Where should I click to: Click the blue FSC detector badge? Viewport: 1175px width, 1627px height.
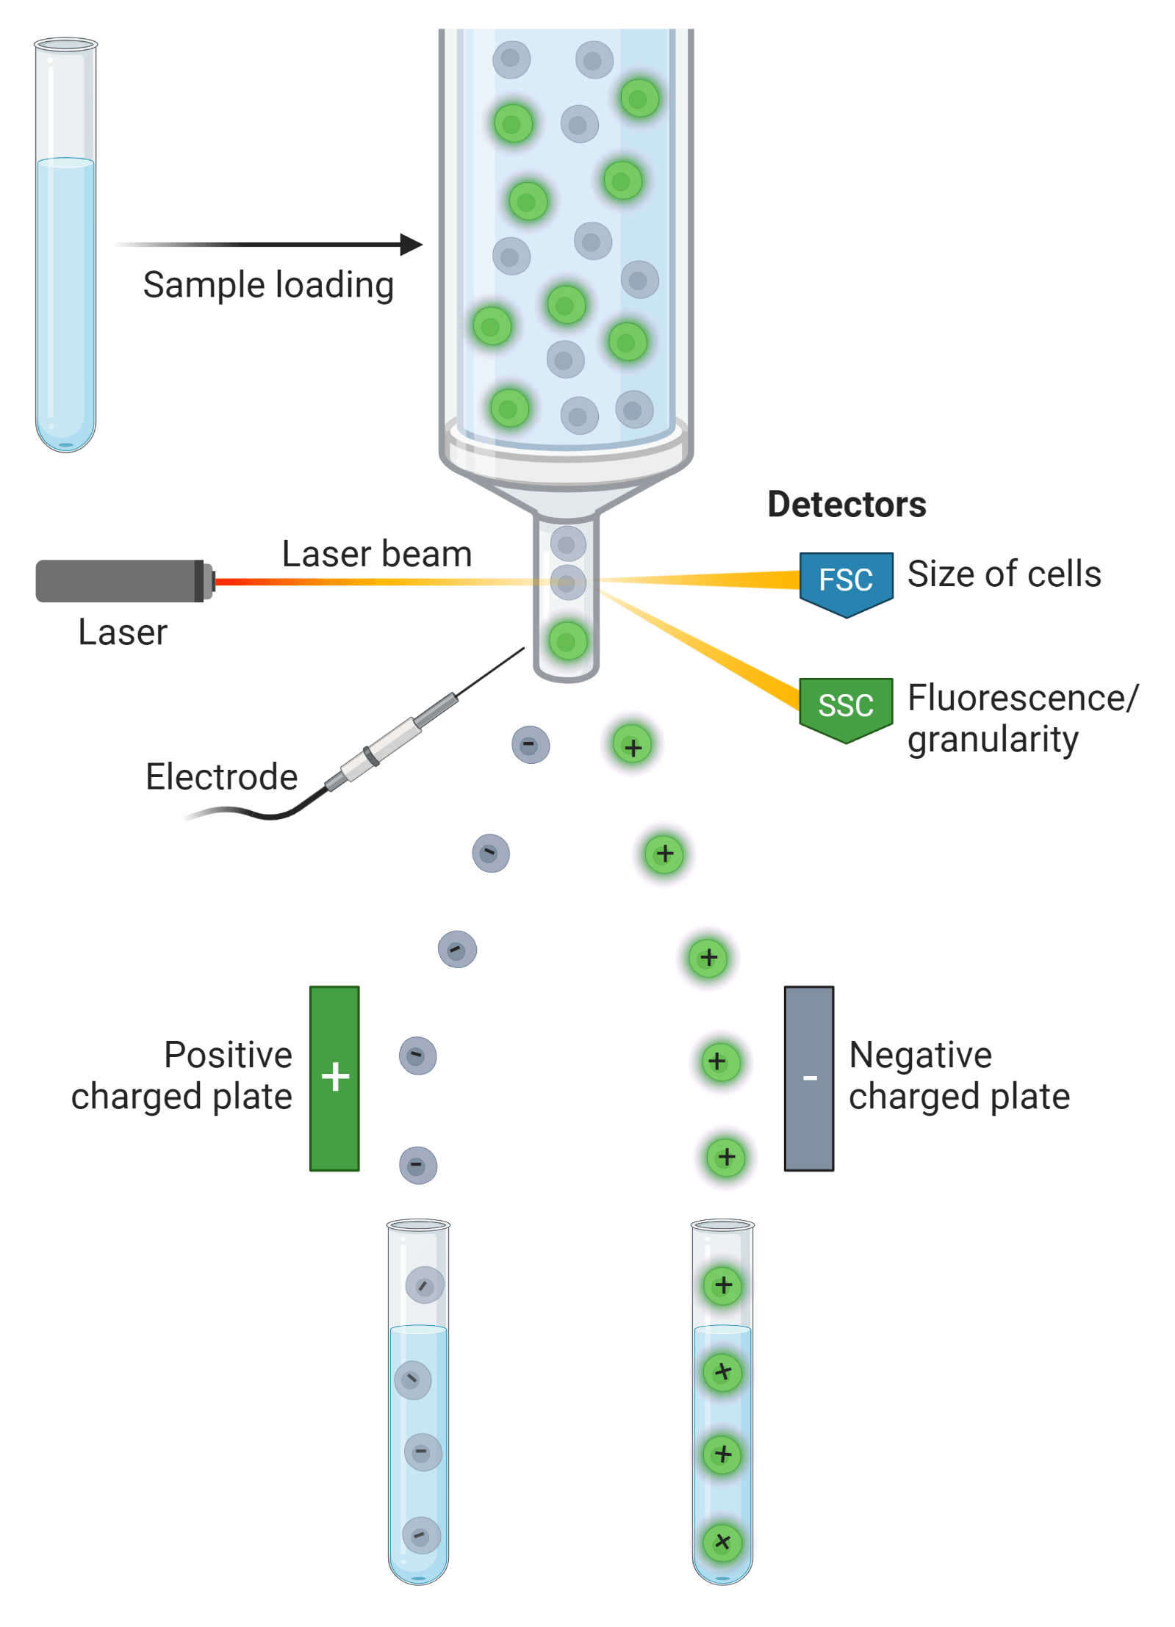click(x=845, y=580)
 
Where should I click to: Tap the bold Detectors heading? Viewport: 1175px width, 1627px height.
click(x=846, y=504)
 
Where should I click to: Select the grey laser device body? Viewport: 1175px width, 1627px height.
click(x=118, y=580)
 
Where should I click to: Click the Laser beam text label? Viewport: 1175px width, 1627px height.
click(x=376, y=554)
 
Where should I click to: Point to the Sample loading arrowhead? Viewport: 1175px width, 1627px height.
click(x=412, y=244)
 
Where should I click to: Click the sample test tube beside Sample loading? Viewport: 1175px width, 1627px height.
click(x=65, y=246)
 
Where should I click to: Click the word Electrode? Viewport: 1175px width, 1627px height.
click(x=221, y=776)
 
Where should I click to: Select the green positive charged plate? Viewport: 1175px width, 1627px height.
click(x=334, y=1077)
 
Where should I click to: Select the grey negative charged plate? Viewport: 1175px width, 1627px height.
click(x=808, y=1077)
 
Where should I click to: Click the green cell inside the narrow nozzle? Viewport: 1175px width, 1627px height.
click(x=567, y=641)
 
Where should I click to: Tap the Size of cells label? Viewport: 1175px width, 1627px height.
click(x=1004, y=574)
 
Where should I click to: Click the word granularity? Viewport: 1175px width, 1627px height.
click(x=992, y=739)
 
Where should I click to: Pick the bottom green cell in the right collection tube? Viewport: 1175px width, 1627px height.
click(x=722, y=1541)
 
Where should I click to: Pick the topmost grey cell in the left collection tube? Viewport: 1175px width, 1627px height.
click(x=424, y=1285)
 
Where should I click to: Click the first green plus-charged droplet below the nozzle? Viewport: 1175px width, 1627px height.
click(x=632, y=746)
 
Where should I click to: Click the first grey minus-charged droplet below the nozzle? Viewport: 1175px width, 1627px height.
click(x=530, y=744)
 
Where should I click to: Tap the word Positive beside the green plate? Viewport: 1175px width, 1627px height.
click(x=228, y=1054)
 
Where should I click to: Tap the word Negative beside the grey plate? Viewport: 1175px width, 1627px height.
click(x=920, y=1055)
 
